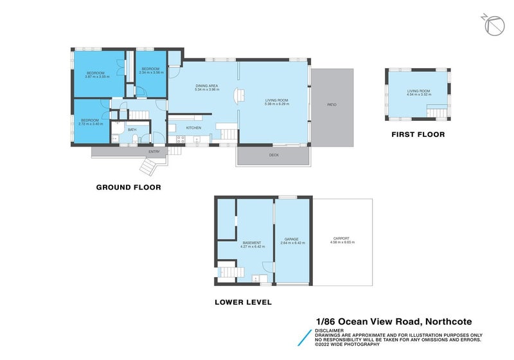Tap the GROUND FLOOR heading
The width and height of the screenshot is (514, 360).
[x=128, y=187]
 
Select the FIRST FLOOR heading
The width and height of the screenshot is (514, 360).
[x=418, y=135]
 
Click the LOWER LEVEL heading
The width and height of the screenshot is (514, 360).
[x=244, y=302]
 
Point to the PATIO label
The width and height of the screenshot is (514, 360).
[x=332, y=105]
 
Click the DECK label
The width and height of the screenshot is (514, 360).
[x=273, y=155]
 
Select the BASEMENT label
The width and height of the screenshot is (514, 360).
[x=251, y=242]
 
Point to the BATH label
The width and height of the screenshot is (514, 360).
[x=132, y=130]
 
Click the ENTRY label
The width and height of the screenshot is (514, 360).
[x=154, y=151]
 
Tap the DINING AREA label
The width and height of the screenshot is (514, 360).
[x=207, y=85]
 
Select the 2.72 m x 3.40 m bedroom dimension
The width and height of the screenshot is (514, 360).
[x=89, y=123]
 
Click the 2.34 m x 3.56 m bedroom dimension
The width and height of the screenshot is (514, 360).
[x=151, y=72]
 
